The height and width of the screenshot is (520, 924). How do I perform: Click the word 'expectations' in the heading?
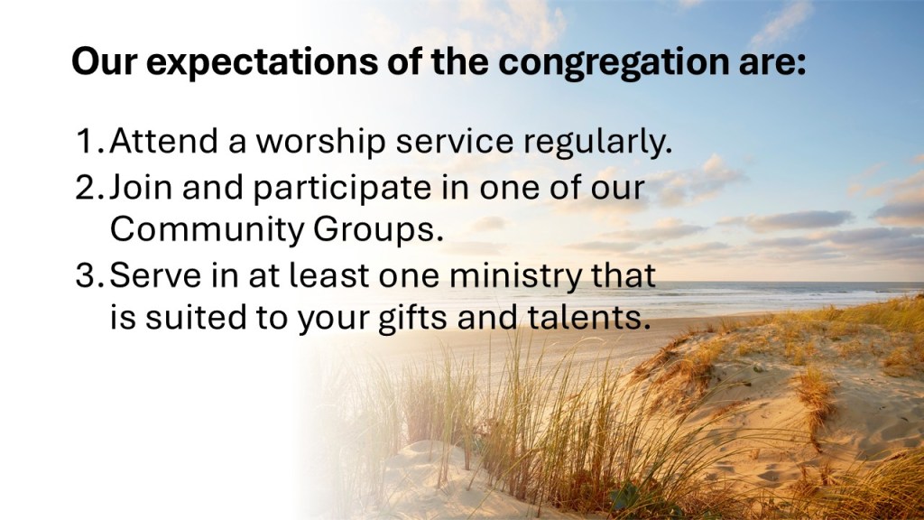[x=261, y=62]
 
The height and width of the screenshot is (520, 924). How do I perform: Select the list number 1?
[x=89, y=142]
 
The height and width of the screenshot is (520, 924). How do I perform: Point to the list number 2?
[x=89, y=188]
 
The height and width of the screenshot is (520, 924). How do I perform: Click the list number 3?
[x=89, y=275]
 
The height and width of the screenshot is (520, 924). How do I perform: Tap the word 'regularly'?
[x=597, y=144]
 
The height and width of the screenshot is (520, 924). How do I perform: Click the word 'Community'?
[x=207, y=230]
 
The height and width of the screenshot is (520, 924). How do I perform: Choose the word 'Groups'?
[x=378, y=230]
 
